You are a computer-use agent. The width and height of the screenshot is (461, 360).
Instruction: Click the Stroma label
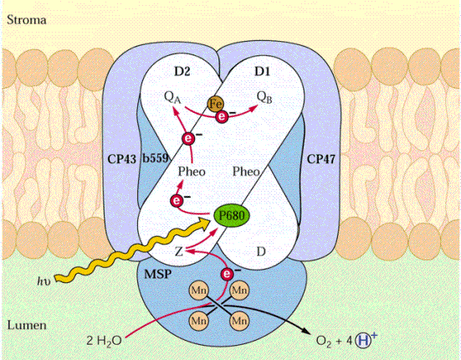pos(27,20)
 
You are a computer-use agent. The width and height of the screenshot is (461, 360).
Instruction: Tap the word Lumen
pos(27,326)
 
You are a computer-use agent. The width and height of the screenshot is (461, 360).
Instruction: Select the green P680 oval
pos(232,216)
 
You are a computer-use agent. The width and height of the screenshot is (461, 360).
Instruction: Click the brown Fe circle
pos(216,104)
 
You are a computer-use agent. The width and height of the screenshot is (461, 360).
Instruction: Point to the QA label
pos(172,98)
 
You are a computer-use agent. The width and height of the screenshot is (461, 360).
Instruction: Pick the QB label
pos(264,97)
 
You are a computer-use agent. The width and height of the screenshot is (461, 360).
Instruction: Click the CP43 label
pos(121,159)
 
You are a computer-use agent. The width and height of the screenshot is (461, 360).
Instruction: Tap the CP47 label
pos(321,159)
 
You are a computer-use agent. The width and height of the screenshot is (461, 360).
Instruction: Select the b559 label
pos(156,158)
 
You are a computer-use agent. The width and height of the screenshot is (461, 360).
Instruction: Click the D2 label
pos(182,71)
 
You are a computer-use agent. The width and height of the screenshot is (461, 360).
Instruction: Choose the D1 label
pos(262,71)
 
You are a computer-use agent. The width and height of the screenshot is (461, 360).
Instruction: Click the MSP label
pos(158,275)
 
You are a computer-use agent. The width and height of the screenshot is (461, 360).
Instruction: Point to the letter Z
pos(179,252)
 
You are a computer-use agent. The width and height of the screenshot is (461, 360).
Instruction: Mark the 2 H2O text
pos(104,341)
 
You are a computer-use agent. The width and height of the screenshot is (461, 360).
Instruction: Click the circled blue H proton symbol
pos(362,341)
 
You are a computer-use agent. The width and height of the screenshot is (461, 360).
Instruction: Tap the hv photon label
pos(44,281)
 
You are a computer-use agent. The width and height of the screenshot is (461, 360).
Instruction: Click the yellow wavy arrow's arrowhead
pos(204,222)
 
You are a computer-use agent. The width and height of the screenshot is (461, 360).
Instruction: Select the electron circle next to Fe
pos(222,116)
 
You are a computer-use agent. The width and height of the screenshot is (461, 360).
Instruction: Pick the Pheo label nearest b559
pos(192,172)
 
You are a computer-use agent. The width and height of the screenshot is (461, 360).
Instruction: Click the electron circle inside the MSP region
pos(227,274)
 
